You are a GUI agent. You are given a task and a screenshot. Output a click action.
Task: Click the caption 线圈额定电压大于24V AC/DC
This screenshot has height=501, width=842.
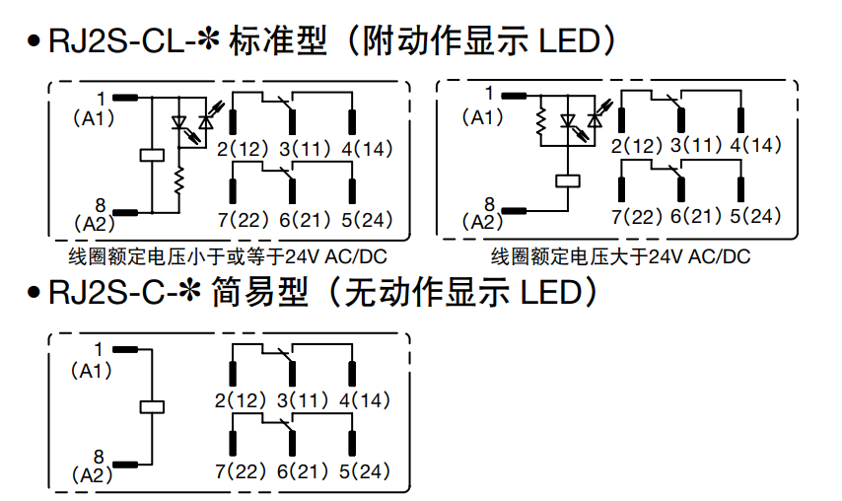621,257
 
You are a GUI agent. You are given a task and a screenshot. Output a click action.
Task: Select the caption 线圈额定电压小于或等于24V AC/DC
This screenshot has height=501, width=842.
227,257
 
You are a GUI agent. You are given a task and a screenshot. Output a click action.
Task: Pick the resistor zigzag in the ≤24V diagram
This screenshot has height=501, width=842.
178,181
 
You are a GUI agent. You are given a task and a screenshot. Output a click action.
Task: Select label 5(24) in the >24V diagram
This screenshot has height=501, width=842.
755,215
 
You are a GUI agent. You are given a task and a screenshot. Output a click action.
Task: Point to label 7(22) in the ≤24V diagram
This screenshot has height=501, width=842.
241,220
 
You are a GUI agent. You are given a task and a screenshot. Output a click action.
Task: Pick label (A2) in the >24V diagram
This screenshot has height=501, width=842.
483,221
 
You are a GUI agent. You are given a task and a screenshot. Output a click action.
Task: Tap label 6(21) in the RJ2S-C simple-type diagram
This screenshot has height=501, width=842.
302,471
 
